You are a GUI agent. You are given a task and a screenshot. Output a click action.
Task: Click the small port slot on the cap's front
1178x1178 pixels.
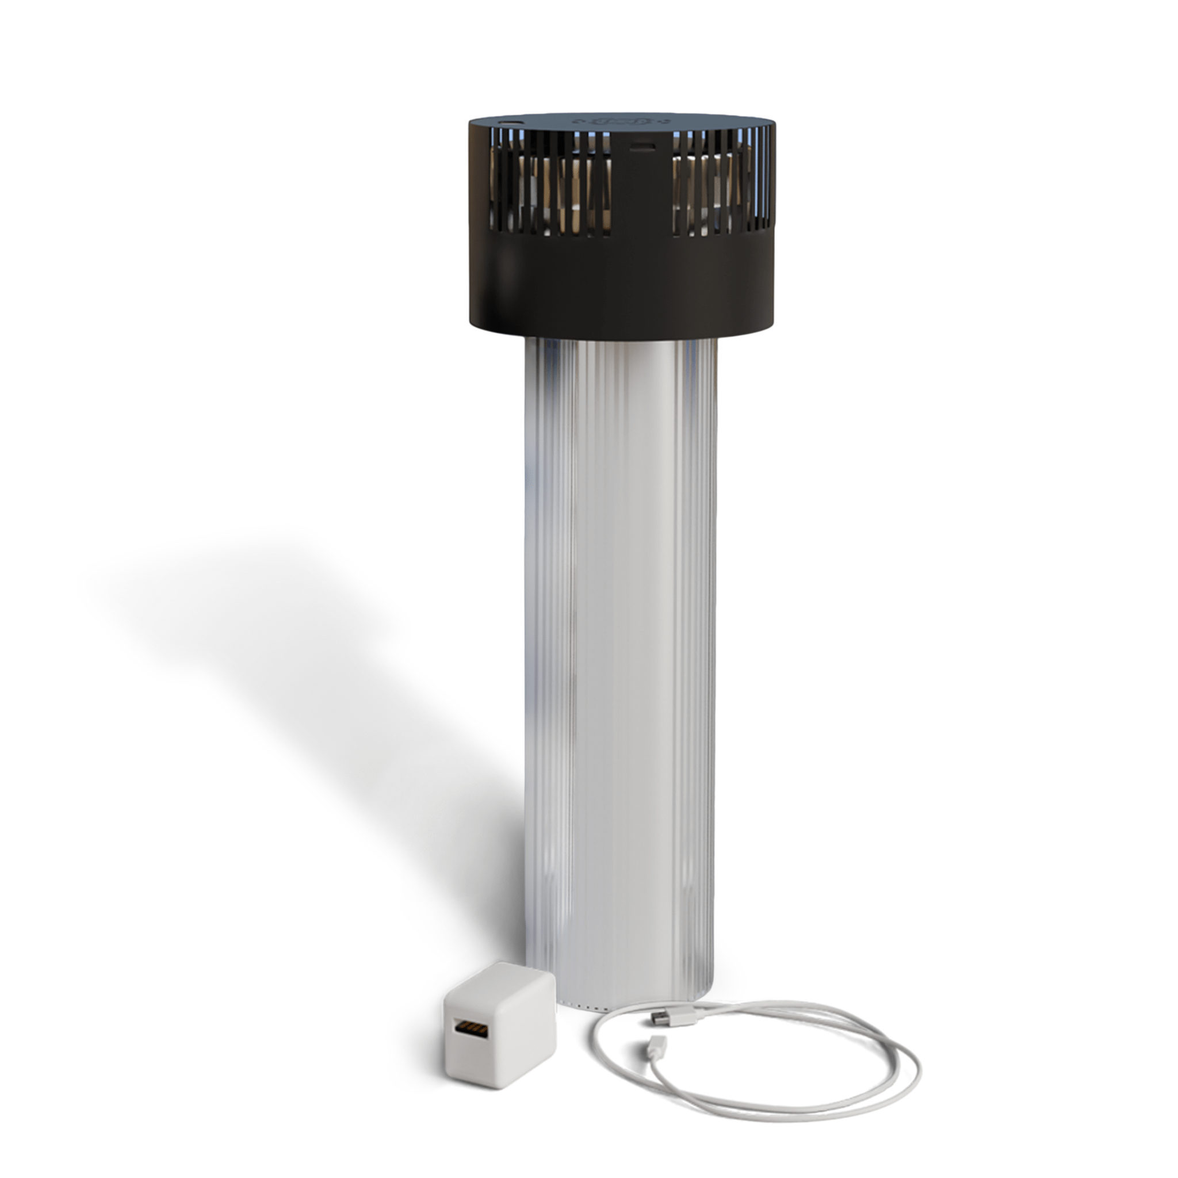click(x=644, y=146)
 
